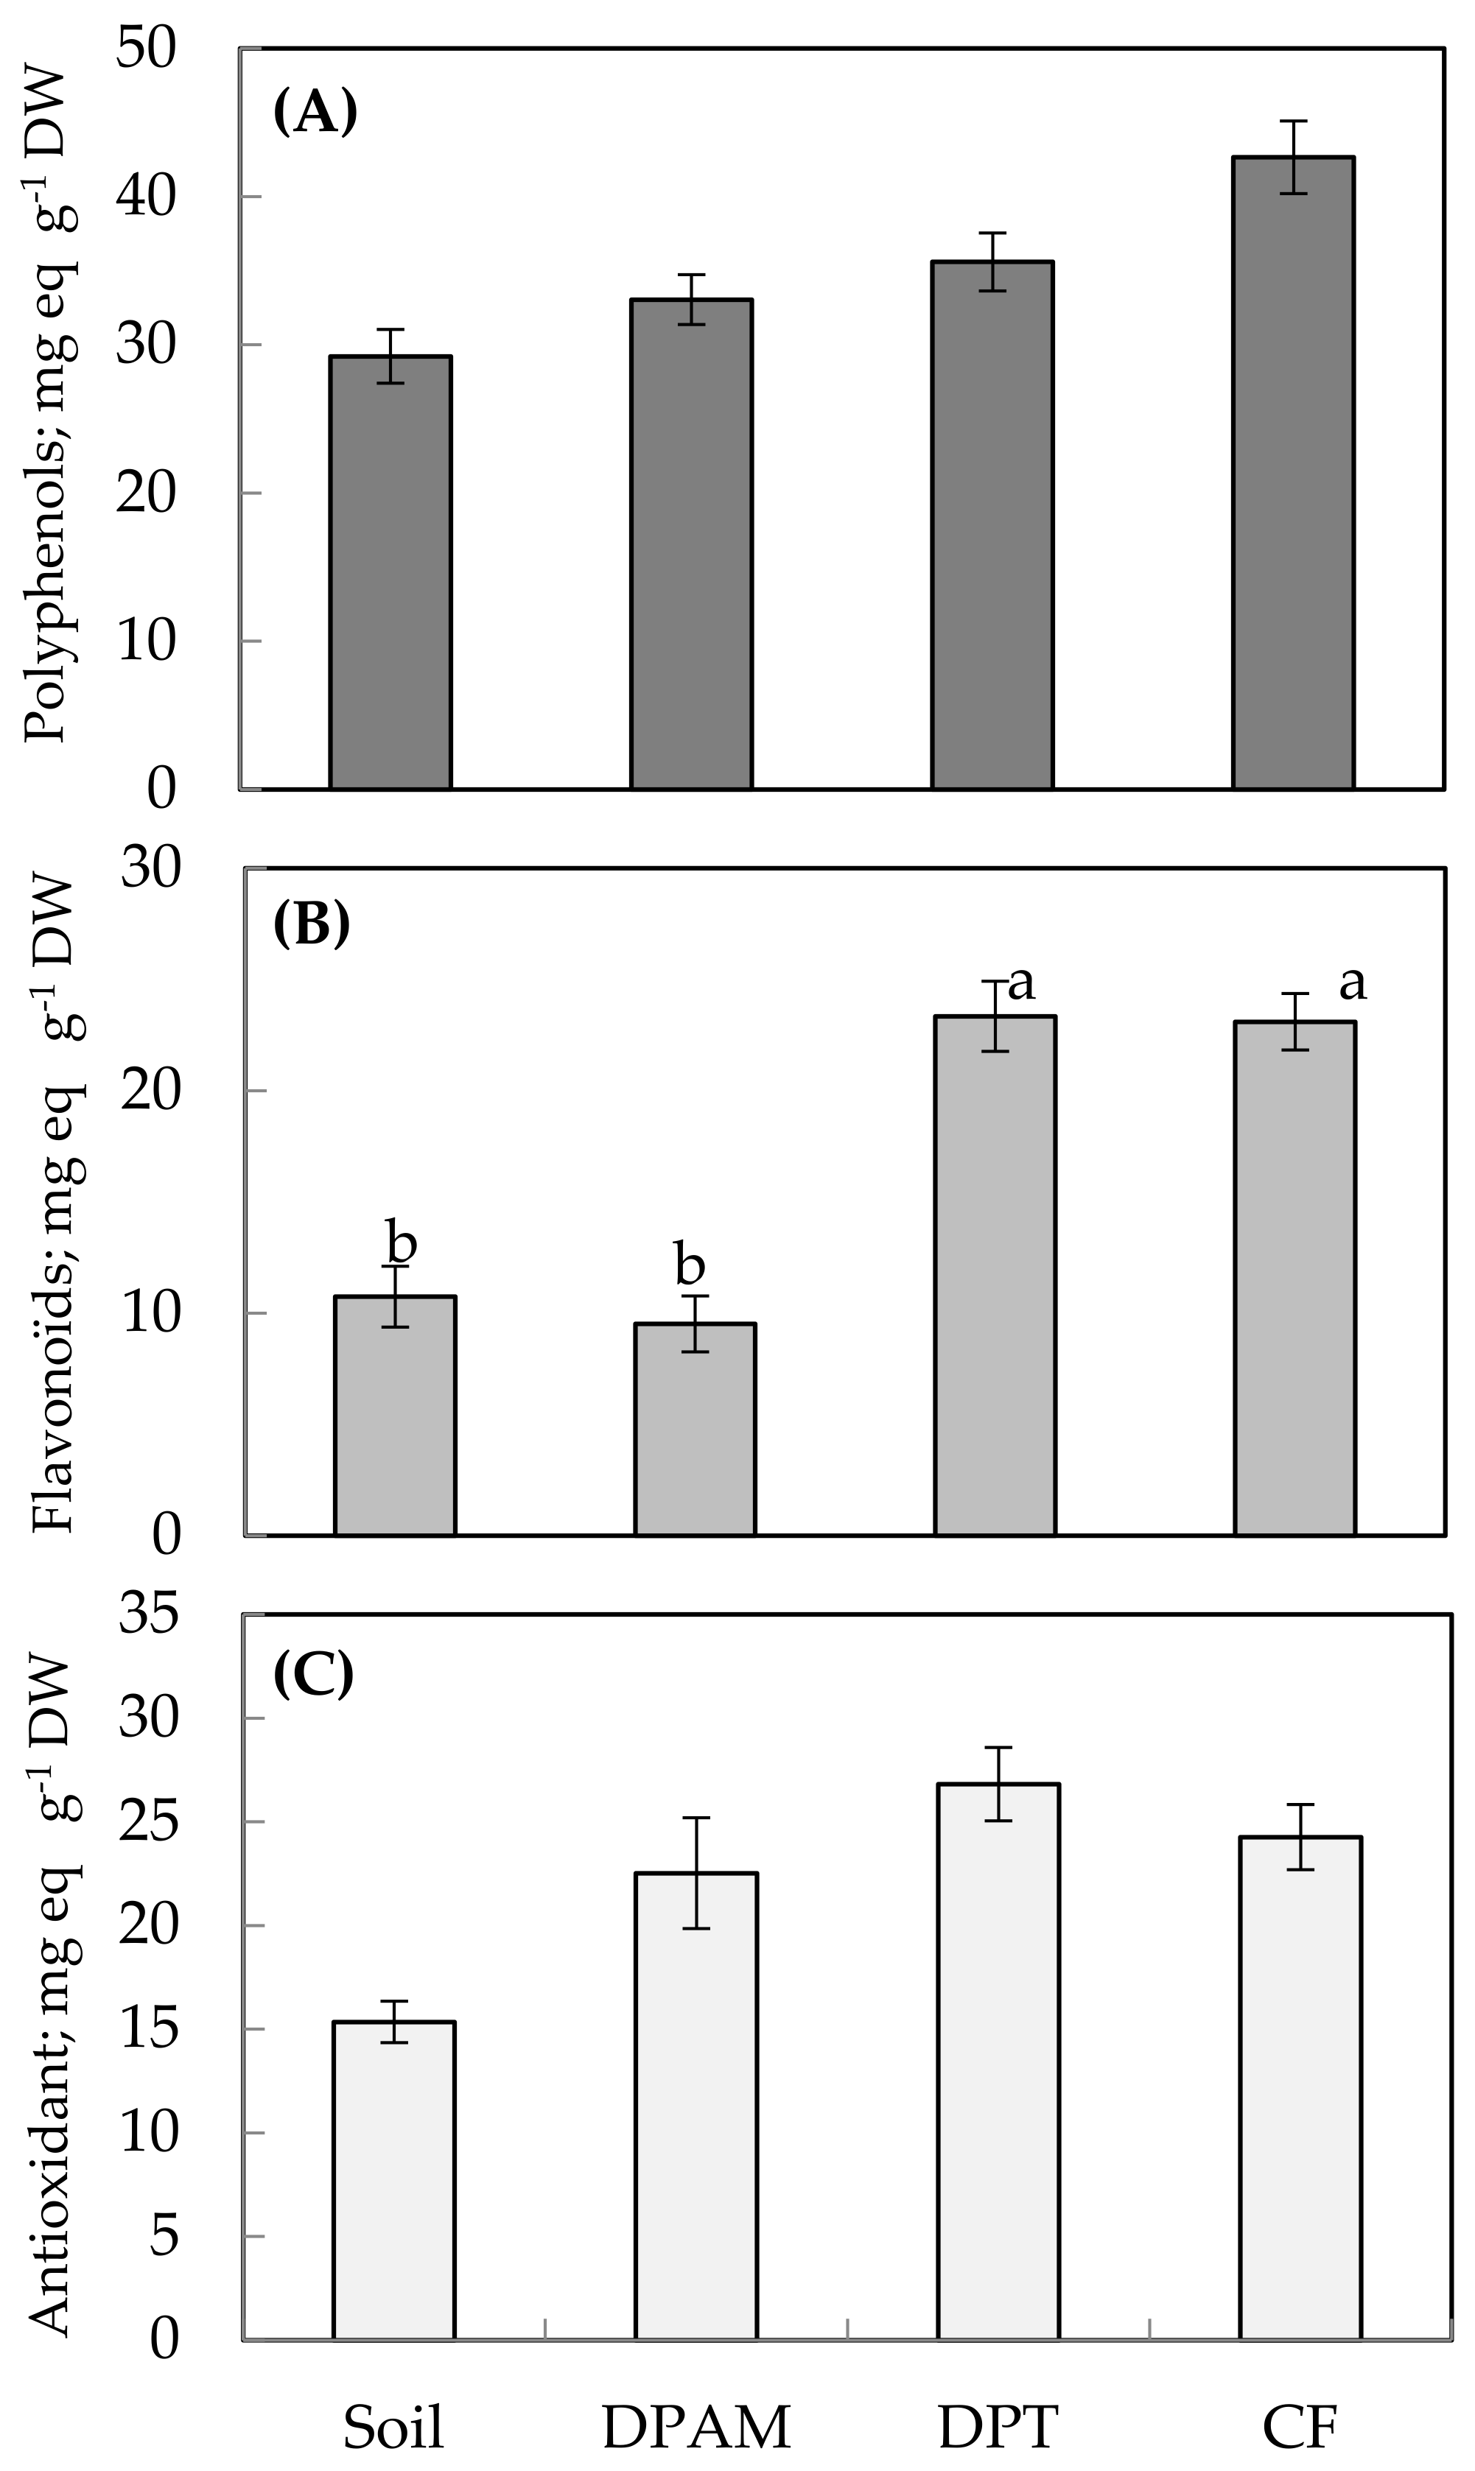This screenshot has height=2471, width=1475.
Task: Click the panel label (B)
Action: point(311,925)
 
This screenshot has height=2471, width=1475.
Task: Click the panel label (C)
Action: point(312,1675)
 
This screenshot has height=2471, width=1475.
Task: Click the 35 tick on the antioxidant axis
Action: point(149,1615)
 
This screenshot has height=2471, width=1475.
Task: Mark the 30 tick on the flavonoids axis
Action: point(151,868)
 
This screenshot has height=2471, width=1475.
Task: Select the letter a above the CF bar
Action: point(1353,982)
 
